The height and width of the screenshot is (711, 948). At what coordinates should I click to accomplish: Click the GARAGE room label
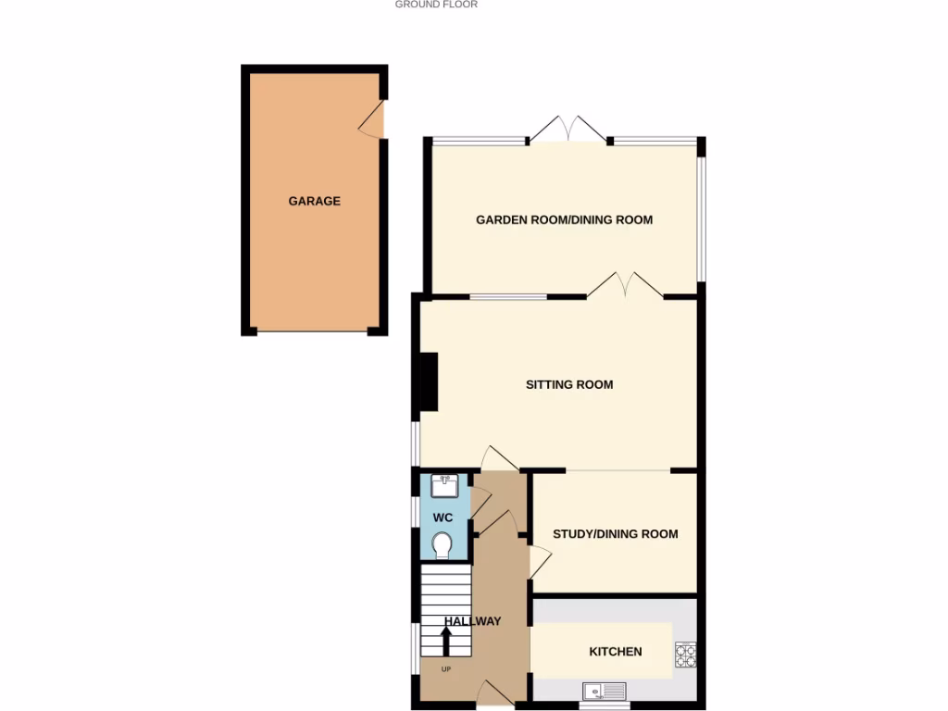point(314,201)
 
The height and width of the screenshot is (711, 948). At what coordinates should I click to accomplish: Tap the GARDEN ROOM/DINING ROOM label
point(564,220)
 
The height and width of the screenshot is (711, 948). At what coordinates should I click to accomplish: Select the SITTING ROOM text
point(568,385)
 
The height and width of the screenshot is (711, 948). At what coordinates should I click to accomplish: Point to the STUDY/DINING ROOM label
point(615,534)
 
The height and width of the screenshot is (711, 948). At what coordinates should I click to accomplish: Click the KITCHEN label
point(615,652)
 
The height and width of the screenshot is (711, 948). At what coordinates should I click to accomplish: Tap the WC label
point(443,518)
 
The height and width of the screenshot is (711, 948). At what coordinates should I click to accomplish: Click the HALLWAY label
point(472,621)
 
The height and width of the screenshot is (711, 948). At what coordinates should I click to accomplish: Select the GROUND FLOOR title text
point(436,5)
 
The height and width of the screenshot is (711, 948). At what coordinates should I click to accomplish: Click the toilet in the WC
point(443,545)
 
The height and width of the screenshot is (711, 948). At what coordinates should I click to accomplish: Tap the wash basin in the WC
point(445,484)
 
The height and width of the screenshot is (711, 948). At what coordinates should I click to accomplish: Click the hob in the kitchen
point(685,655)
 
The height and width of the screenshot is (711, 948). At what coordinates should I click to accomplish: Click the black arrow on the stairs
point(445,641)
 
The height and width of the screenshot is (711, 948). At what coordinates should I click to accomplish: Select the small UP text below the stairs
point(445,669)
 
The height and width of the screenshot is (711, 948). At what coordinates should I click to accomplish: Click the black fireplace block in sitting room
point(429,381)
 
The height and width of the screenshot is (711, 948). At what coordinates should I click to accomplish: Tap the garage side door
point(374,120)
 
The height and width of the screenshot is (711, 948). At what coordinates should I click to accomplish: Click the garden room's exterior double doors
point(568,130)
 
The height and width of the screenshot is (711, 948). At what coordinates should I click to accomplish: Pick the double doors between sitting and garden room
point(624,286)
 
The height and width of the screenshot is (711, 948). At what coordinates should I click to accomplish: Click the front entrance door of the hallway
point(496,693)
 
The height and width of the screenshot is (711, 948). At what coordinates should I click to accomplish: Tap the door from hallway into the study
point(539,561)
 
